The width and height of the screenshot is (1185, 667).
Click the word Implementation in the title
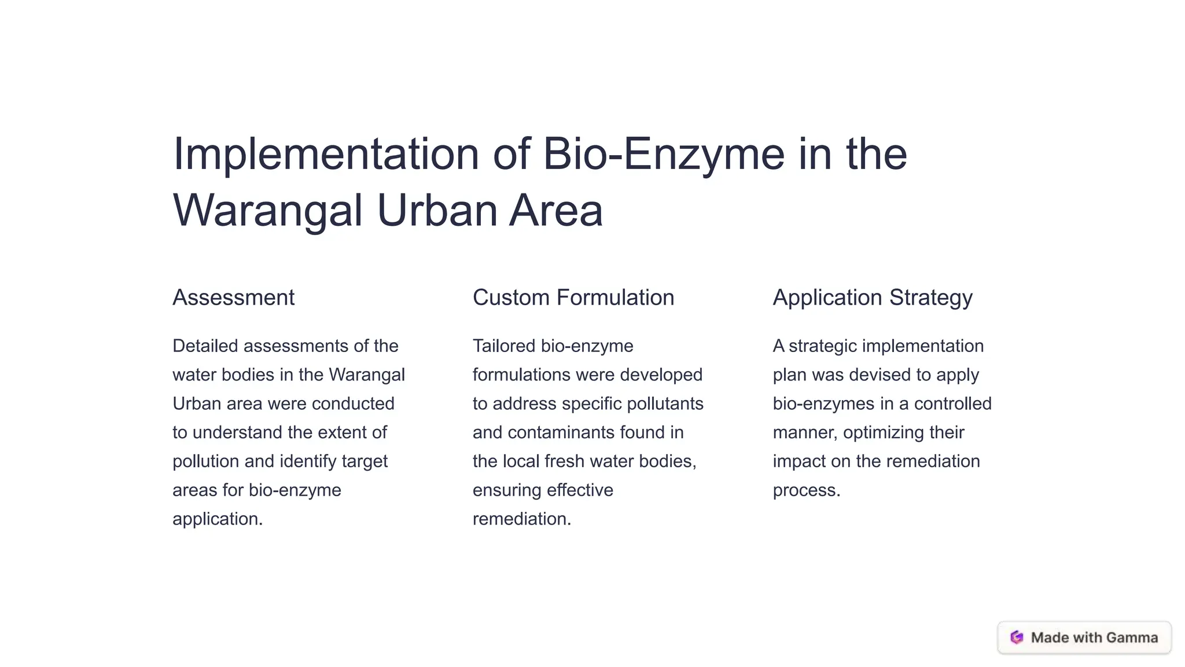pyautogui.click(x=326, y=155)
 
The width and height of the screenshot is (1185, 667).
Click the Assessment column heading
pyautogui.click(x=233, y=298)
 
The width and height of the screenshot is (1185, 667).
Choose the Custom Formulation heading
pyautogui.click(x=573, y=298)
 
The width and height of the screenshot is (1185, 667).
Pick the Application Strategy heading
pyautogui.click(x=872, y=298)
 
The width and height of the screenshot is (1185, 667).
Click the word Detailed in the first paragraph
pyautogui.click(x=205, y=346)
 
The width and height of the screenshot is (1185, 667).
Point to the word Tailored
pyautogui.click(x=503, y=346)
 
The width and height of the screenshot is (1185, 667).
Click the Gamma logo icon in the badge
pyautogui.click(x=1017, y=637)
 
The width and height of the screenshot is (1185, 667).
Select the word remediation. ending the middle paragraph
pyautogui.click(x=521, y=519)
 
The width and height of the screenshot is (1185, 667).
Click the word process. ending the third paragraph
pyautogui.click(x=806, y=490)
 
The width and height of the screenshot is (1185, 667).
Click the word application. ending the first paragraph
pyautogui.click(x=218, y=519)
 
